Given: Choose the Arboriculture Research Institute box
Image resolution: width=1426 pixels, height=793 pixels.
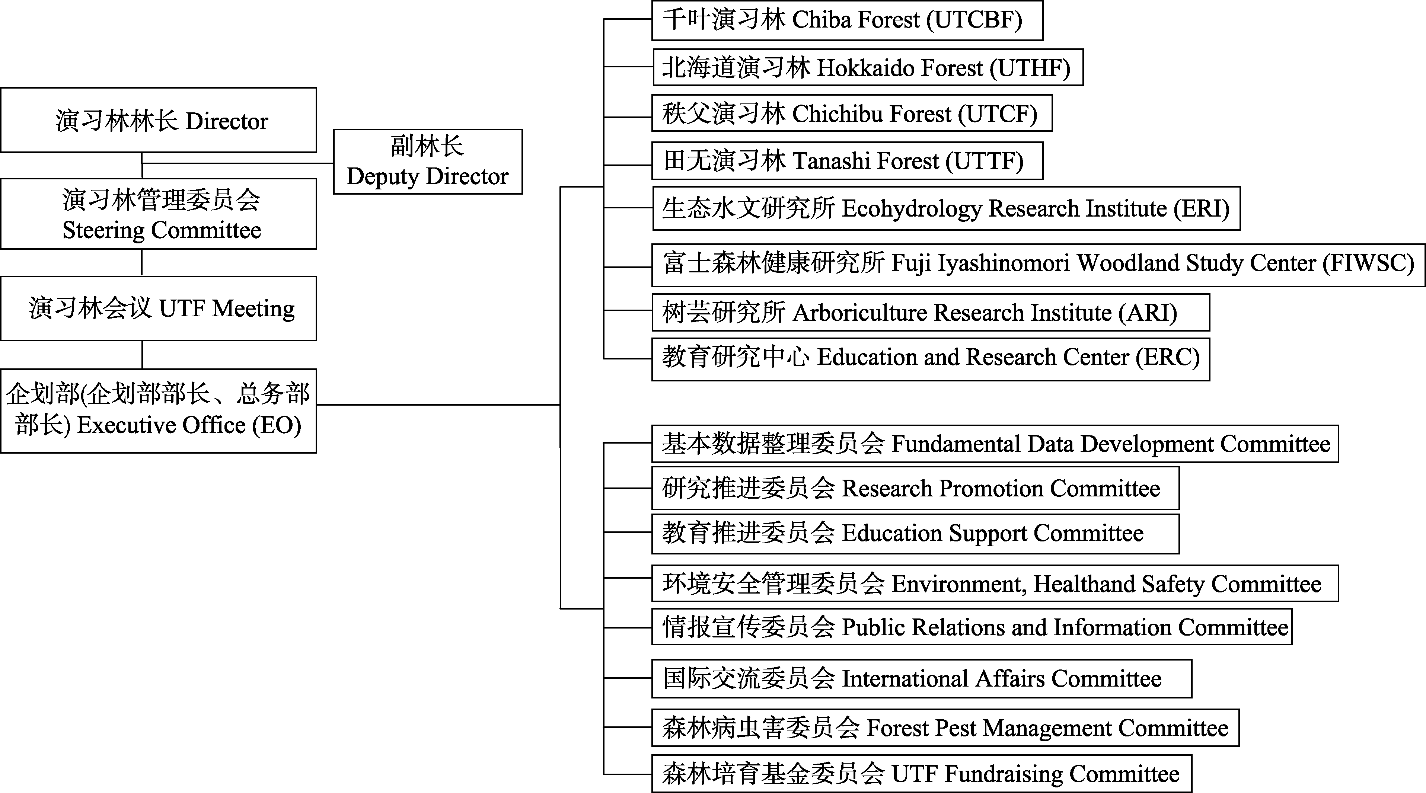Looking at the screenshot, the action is [x=931, y=313].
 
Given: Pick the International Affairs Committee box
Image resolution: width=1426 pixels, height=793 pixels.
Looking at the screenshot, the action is [x=922, y=678].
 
